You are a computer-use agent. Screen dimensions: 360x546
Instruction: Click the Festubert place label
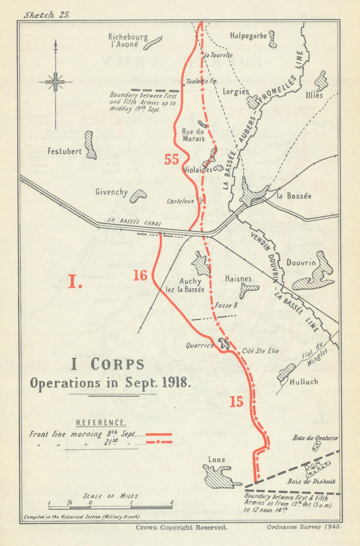point(64,151)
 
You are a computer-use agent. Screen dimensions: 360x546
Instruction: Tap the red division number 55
point(172,159)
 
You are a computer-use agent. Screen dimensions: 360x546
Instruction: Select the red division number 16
point(140,275)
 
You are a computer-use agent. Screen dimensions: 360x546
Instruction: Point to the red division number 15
point(237,402)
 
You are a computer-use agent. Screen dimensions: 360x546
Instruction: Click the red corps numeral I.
point(75,283)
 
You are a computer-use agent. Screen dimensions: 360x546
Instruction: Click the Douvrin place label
point(301,263)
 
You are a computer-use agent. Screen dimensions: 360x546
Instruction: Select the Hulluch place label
point(304,382)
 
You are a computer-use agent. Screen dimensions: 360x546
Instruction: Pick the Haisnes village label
point(238,278)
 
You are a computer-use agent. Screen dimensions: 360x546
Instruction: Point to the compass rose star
point(55,82)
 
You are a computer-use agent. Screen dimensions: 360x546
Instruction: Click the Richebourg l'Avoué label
point(123,40)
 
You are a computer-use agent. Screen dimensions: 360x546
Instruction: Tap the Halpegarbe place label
point(248,36)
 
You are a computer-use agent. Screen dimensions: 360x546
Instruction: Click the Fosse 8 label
point(226,305)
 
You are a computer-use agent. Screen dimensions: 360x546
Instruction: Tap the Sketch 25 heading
point(46,15)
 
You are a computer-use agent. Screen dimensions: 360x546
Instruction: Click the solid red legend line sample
point(158,434)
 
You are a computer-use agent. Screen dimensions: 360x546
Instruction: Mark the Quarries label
point(199,345)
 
